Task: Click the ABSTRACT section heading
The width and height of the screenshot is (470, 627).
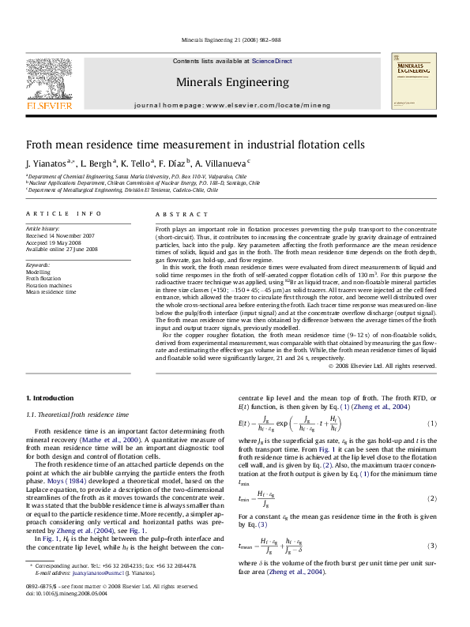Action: coord(175,214)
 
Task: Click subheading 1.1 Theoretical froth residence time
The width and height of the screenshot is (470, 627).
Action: coord(77,414)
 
